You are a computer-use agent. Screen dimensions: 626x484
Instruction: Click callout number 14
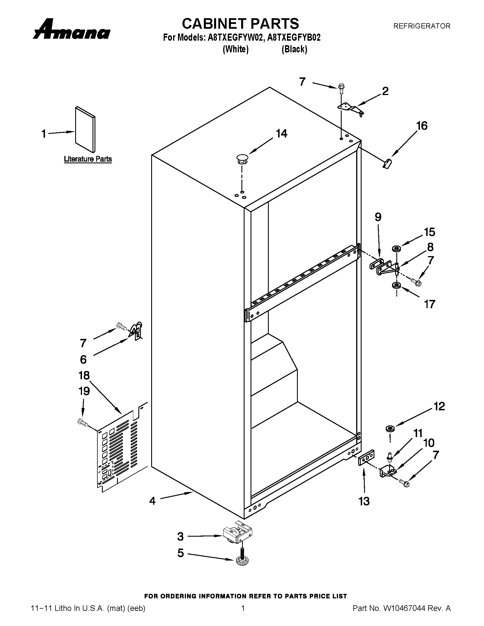point(281,133)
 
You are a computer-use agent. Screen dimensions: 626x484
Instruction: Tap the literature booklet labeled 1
point(85,129)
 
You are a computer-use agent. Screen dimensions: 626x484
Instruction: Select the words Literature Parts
point(88,159)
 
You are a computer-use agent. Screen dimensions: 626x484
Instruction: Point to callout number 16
point(422,126)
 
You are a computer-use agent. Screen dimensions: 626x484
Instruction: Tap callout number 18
point(84,376)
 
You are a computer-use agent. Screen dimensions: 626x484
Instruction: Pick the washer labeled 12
point(389,429)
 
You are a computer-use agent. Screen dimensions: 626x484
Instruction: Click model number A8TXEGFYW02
point(235,38)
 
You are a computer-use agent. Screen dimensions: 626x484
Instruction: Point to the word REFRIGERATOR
point(421,26)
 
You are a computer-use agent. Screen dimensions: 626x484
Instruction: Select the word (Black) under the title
point(294,49)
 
